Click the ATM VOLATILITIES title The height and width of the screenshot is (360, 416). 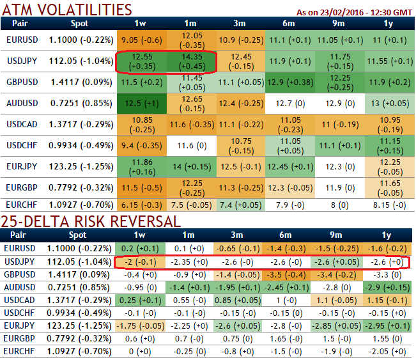coord(67,10)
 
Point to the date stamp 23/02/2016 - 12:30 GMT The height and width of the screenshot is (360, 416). coord(355,12)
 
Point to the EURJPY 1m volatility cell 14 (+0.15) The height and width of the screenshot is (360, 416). coord(191,165)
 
